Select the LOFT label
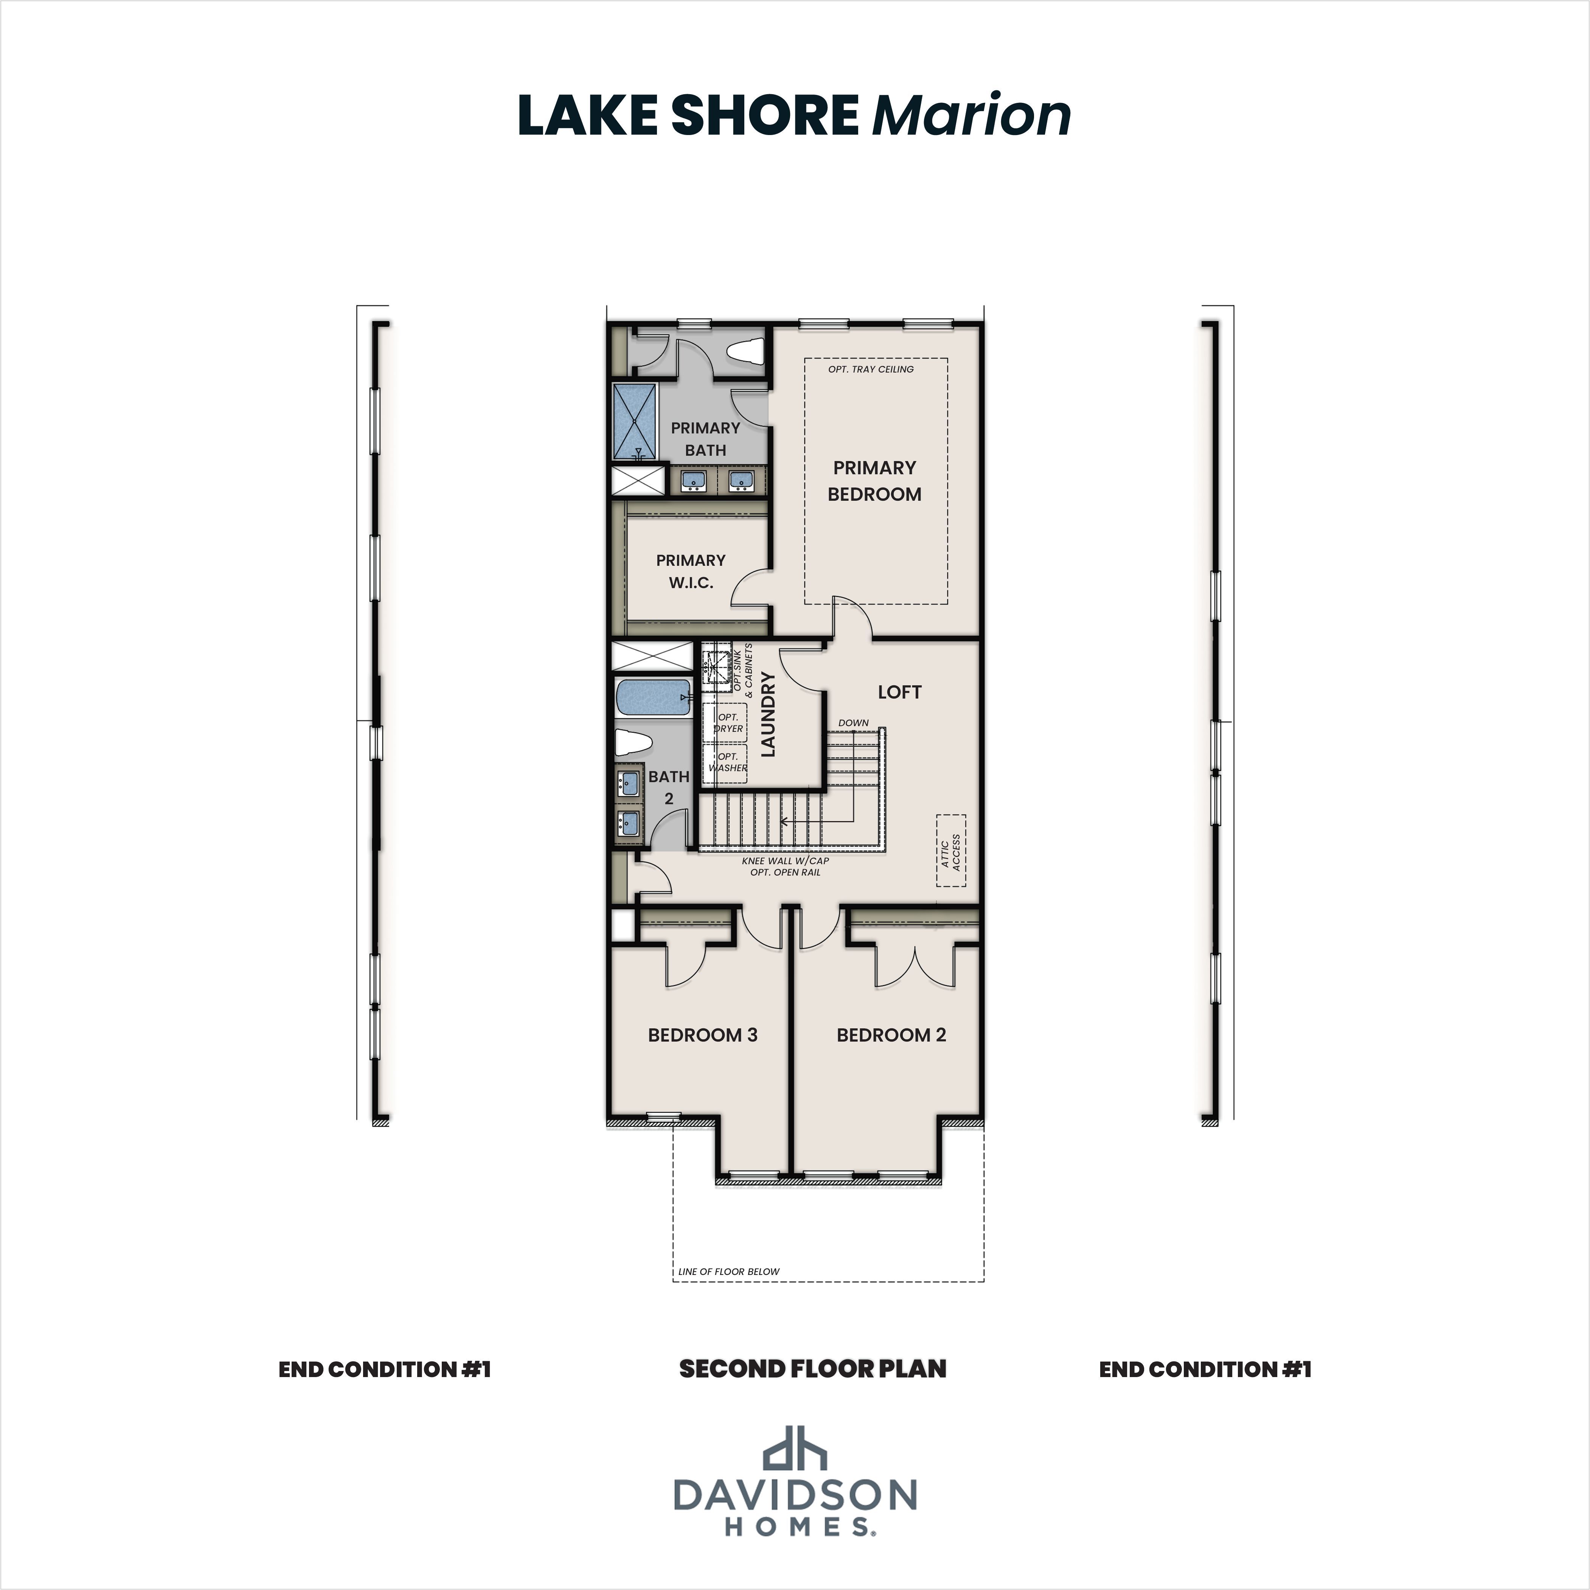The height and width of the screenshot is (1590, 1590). tap(899, 692)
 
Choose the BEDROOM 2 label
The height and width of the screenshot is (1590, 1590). tap(891, 1035)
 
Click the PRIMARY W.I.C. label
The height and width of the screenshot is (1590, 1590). tap(691, 571)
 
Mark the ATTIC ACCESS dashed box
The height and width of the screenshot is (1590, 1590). tap(950, 851)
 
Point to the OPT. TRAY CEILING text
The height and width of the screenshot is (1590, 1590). tap(871, 370)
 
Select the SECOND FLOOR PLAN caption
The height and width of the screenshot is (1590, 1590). tap(812, 1370)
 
